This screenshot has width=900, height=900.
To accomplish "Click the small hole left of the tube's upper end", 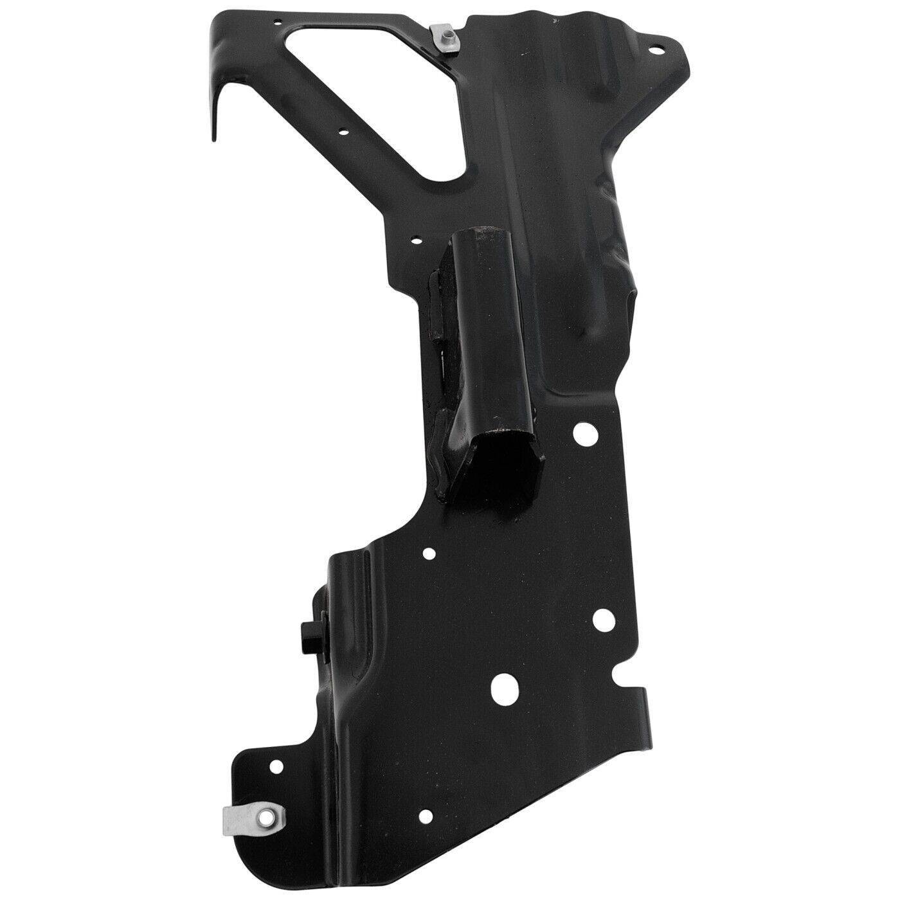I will (416, 242).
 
